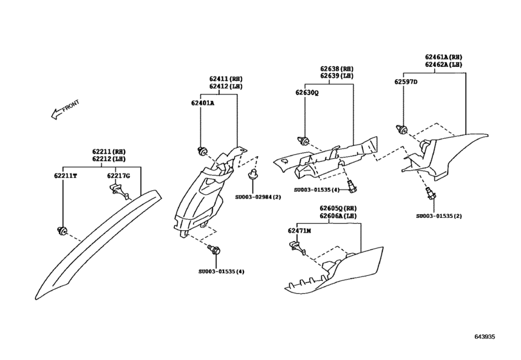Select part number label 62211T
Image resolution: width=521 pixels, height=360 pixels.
point(66,175)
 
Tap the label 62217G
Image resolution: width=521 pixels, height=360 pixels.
point(118,175)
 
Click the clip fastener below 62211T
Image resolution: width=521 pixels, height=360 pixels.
point(62,230)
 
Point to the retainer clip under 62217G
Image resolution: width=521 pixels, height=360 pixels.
point(118,191)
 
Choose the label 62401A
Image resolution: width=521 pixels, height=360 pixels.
point(202,103)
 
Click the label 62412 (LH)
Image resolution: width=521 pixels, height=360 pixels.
point(226,86)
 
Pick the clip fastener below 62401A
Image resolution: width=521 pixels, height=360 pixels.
point(201,151)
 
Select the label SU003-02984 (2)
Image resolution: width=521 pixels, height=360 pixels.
point(258,197)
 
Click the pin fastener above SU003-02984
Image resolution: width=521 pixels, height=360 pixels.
point(254,175)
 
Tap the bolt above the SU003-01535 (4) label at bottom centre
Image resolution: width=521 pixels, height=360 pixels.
point(215,249)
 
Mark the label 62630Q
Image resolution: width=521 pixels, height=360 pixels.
point(307,93)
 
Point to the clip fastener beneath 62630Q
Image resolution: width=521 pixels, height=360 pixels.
point(303,141)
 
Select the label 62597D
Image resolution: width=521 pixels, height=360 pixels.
point(406,82)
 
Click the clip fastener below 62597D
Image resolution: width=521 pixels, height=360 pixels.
point(402,129)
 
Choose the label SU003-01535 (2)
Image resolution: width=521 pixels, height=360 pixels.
point(439,216)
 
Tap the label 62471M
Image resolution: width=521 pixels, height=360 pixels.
point(299,231)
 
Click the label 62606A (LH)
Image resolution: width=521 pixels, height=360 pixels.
point(339,216)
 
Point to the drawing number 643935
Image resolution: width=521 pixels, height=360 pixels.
point(484,337)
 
